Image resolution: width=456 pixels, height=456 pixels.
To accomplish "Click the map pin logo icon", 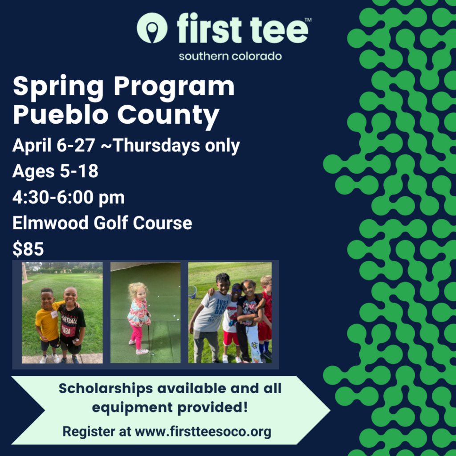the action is pyautogui.click(x=152, y=28).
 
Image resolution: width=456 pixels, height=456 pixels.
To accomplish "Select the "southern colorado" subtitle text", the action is pyautogui.click(x=230, y=56).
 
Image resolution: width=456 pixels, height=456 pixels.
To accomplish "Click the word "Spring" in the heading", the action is pyautogui.click(x=58, y=87).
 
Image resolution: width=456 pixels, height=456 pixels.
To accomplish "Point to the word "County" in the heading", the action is pyautogui.click(x=168, y=115).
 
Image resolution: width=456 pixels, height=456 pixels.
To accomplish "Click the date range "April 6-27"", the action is pyautogui.click(x=54, y=145).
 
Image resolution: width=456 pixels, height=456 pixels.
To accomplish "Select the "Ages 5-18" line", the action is pyautogui.click(x=55, y=171).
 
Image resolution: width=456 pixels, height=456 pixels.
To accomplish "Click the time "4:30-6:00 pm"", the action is pyautogui.click(x=68, y=197).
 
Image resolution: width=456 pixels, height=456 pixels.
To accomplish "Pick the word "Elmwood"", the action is pyautogui.click(x=50, y=223).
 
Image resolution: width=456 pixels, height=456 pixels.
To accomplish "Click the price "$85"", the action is pyautogui.click(x=28, y=249).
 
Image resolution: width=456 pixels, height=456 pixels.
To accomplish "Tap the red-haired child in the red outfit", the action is pyautogui.click(x=265, y=317).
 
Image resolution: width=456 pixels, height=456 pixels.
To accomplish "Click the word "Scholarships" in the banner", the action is pyautogui.click(x=106, y=388).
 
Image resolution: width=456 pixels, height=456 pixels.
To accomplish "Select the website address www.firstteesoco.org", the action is pyautogui.click(x=203, y=432).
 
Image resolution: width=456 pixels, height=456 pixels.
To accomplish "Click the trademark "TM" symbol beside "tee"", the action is pyautogui.click(x=308, y=20).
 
